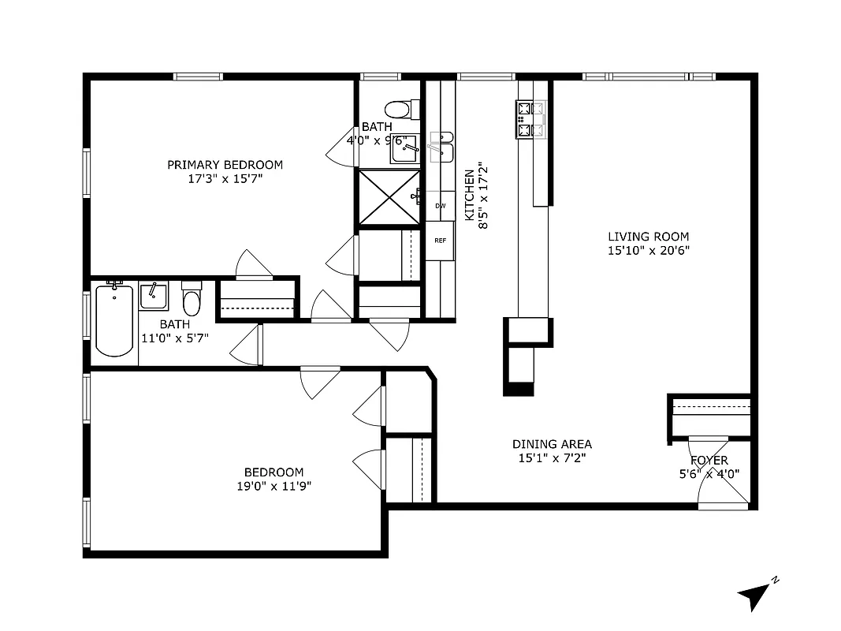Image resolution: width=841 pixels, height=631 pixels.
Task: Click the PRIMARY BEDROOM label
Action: pos(225,165)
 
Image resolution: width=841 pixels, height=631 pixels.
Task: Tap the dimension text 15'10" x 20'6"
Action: pos(648,251)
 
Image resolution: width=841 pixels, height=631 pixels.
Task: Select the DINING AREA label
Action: pos(552,444)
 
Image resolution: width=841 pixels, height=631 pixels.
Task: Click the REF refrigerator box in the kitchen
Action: pos(441,241)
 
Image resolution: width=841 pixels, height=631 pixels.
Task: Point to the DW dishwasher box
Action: pos(441,206)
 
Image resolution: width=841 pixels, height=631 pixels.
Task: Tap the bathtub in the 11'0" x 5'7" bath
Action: pos(114,320)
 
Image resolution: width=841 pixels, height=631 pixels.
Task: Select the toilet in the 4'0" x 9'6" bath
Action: pos(399,108)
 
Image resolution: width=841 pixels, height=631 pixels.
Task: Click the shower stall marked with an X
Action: pos(389,197)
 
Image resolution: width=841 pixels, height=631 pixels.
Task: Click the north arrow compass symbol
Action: pos(756,594)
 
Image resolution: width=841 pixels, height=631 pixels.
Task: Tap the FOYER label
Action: pos(709,461)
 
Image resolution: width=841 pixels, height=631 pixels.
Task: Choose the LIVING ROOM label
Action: pos(648,237)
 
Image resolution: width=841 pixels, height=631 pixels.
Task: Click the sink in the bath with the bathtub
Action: pos(153,297)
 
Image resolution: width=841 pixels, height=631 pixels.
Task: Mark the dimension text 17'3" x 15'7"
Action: pos(225,179)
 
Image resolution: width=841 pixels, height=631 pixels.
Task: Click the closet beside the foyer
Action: pos(710,415)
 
